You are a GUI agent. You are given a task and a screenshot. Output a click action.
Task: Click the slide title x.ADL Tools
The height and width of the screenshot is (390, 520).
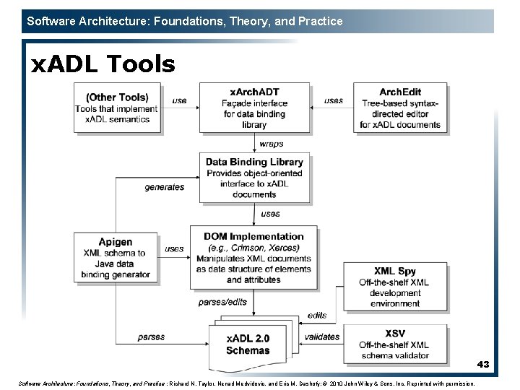[x=103, y=65]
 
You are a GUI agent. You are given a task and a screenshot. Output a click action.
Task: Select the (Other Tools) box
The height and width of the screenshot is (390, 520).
[x=117, y=108]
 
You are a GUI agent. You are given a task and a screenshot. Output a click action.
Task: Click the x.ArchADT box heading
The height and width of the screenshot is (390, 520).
[x=254, y=92]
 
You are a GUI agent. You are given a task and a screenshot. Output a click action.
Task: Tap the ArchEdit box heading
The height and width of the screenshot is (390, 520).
[x=401, y=92]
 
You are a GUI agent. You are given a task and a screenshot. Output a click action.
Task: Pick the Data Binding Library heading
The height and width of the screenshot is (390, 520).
[x=254, y=162]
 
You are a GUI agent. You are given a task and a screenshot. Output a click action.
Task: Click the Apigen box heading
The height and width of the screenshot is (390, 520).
[x=116, y=242]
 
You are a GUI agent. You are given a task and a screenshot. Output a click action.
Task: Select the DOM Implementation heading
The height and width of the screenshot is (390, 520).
[x=253, y=236]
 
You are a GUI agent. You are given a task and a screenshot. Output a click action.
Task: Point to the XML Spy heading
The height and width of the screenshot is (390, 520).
[x=394, y=270]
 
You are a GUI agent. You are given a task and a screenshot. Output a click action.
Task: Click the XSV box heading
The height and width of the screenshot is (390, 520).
[x=394, y=333]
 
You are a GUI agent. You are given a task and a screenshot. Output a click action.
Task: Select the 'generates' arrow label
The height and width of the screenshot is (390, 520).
[x=164, y=187]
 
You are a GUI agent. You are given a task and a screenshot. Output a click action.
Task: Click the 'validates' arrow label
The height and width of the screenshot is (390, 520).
[x=322, y=337]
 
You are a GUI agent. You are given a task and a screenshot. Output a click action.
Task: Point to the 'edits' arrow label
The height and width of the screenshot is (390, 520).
[x=316, y=315]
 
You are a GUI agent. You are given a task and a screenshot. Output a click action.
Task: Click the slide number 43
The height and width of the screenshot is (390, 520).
[x=482, y=365]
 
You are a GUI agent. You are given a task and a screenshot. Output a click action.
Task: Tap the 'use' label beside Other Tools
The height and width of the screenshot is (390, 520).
[x=180, y=100]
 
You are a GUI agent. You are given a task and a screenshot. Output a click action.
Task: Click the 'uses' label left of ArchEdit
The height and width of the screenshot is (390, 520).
[x=334, y=100]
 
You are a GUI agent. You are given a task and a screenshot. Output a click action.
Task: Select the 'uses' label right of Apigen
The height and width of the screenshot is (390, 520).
[x=174, y=248]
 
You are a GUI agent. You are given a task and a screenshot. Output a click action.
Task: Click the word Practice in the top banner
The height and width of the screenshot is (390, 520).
[x=320, y=21]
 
